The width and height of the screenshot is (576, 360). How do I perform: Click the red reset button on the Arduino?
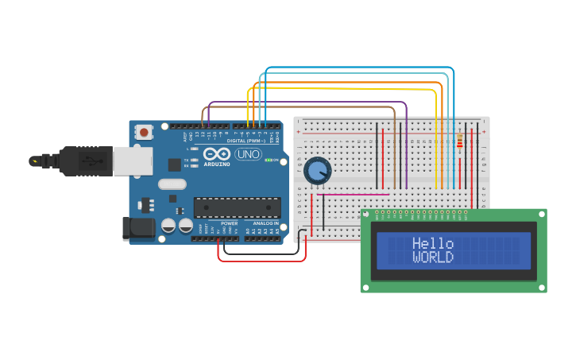tap(144, 131)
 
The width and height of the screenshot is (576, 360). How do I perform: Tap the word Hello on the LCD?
tap(433, 244)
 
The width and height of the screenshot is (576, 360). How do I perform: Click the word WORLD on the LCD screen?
tap(433, 257)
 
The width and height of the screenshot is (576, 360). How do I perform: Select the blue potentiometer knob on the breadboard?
tap(317, 170)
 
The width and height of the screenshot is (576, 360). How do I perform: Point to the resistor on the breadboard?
tap(461, 143)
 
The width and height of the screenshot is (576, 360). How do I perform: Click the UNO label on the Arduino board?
tap(249, 154)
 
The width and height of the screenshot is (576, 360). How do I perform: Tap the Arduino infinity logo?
tap(216, 153)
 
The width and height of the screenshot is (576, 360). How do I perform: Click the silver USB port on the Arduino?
tap(132, 161)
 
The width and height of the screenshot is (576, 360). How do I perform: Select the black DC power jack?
tap(138, 227)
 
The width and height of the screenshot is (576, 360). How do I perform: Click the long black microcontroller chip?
tap(237, 207)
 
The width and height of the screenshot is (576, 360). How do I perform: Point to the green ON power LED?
tap(269, 160)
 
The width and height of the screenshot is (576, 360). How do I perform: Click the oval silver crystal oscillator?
tap(172, 184)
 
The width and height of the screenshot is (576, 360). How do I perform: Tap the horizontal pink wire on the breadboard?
tap(350, 194)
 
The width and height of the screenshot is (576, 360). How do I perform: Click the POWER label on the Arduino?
tap(229, 223)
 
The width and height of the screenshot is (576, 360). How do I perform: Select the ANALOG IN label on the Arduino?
tap(265, 223)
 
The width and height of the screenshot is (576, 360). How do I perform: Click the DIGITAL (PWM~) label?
tap(246, 141)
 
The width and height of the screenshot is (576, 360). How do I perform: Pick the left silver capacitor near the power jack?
tap(168, 226)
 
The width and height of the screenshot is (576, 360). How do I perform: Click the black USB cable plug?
tap(79, 161)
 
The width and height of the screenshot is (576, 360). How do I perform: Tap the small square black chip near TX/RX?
tap(174, 165)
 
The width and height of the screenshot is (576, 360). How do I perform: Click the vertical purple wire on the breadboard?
tap(407, 151)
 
